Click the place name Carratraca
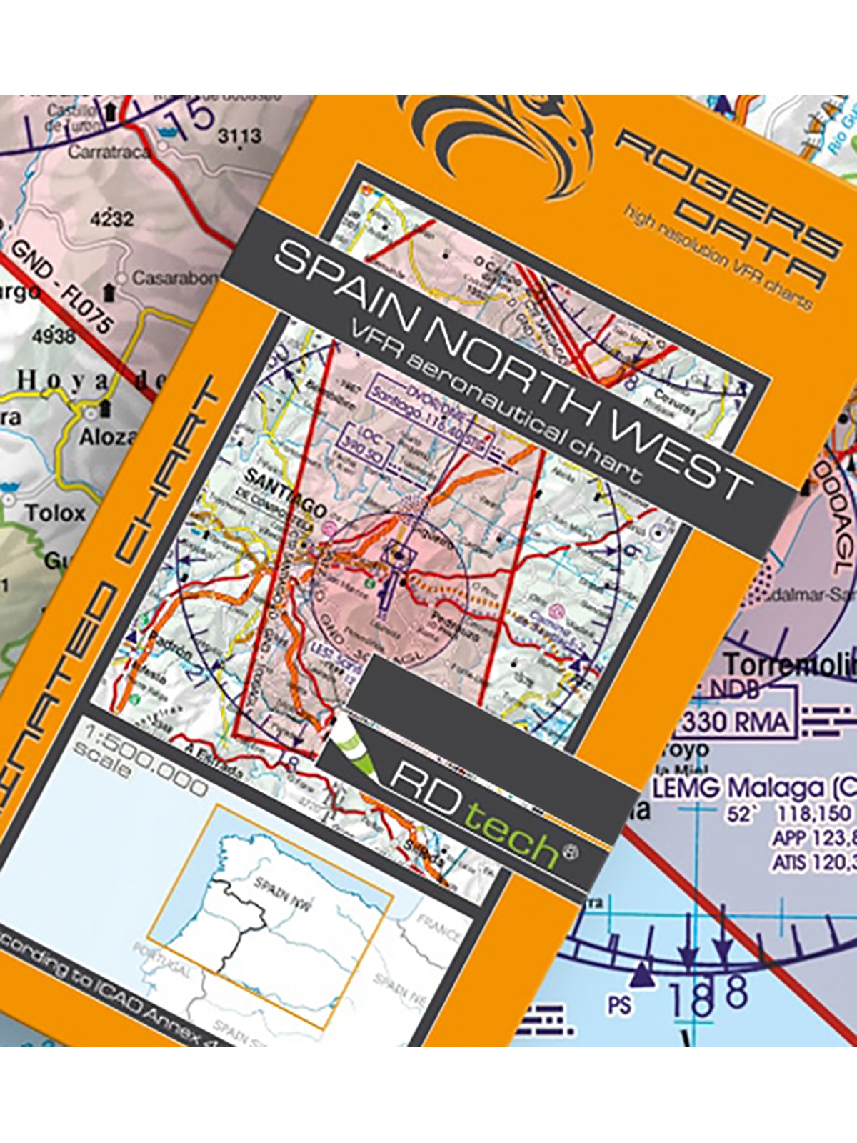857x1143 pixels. [x=109, y=152]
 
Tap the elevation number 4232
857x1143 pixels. [x=111, y=219]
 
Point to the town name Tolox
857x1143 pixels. [x=55, y=512]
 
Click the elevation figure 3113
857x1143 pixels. [x=239, y=136]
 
